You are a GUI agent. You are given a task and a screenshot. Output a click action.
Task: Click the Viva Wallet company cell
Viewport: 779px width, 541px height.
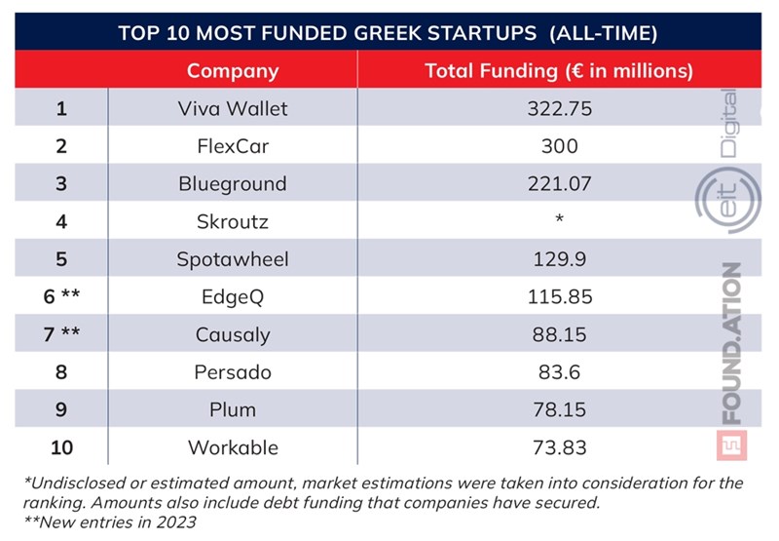point(233,109)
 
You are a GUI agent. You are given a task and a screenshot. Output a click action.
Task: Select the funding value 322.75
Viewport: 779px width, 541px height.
point(559,109)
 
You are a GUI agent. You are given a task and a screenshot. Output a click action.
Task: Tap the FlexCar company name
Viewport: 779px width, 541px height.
point(233,146)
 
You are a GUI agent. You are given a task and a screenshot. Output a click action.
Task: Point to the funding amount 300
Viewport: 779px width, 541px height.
point(559,146)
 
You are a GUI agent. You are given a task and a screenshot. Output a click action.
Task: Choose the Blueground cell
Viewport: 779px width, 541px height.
point(233,183)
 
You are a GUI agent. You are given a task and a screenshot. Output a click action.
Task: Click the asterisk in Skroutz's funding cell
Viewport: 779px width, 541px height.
point(559,220)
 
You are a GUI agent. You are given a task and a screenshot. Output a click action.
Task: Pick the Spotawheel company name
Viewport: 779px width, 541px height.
point(233,259)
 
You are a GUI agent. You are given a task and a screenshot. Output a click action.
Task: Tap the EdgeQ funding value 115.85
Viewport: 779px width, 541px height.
point(559,297)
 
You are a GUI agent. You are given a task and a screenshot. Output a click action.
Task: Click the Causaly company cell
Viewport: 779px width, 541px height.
point(233,335)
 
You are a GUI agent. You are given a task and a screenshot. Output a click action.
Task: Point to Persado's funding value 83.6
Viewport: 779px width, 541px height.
point(559,372)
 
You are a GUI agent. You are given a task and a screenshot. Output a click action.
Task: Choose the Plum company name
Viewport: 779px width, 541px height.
point(233,410)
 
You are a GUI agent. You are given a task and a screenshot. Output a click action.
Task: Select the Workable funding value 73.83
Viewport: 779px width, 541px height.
point(559,447)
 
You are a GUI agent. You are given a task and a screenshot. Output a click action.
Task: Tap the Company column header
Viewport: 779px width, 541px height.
point(233,71)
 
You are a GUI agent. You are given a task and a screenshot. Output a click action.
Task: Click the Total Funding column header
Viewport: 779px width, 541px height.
point(559,71)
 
